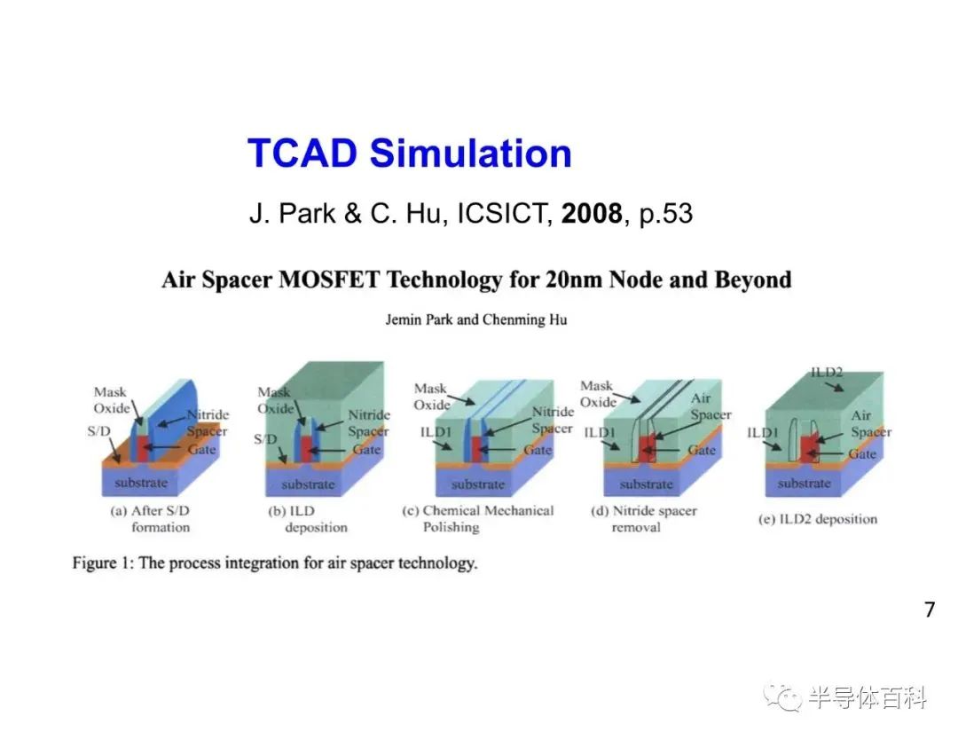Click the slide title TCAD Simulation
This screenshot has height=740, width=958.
point(409,153)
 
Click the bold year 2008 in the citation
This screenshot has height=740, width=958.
point(592,213)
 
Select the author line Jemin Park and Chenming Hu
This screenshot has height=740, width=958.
point(476,319)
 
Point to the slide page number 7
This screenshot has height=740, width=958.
point(930,610)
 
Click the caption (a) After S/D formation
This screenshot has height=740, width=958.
point(151,519)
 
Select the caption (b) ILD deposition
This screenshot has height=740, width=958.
point(308,519)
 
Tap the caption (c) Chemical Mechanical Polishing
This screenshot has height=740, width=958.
point(478,519)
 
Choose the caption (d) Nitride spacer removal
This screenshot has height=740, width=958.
point(644,519)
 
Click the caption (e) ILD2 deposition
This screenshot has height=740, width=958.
point(818,519)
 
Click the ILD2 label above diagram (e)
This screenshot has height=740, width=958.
point(827,372)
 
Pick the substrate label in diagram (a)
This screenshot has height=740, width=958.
point(141,483)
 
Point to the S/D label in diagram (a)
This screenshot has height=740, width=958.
point(99,431)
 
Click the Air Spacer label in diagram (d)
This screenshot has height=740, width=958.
point(711,406)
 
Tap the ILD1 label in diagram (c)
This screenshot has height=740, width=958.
point(436,432)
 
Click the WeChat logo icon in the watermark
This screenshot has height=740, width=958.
point(782,697)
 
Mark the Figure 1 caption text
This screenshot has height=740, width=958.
point(275,563)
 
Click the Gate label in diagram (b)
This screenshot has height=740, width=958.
point(366,450)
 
